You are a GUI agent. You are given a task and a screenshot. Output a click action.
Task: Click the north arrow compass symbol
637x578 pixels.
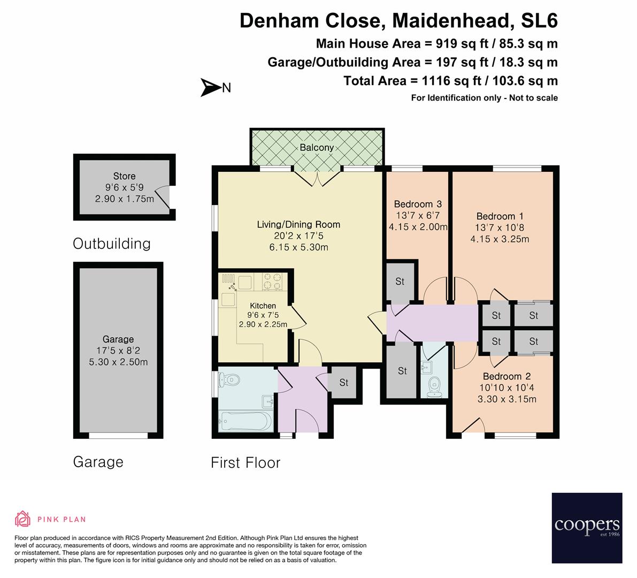click(x=210, y=87)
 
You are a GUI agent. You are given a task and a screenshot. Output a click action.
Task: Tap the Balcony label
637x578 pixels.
click(x=317, y=147)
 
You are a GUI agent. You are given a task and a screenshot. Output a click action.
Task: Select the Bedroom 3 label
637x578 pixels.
click(x=417, y=204)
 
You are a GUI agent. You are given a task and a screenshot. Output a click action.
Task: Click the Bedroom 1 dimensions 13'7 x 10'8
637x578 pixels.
click(x=500, y=227)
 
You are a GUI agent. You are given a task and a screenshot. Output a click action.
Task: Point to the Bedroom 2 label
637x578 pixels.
click(x=506, y=376)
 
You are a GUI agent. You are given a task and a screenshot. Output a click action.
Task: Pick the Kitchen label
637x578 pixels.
click(x=263, y=306)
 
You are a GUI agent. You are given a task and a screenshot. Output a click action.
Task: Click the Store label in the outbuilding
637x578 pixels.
click(x=124, y=176)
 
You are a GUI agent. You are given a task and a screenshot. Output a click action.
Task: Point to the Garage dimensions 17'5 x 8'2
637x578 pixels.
click(x=118, y=351)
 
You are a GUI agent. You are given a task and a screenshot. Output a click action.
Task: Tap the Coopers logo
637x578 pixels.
click(x=587, y=528)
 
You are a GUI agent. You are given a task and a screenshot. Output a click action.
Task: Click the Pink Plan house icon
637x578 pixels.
click(x=22, y=519)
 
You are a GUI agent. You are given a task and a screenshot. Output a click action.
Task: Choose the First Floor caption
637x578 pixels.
click(x=245, y=462)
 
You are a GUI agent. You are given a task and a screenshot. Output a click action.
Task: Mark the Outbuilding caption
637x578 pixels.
click(x=112, y=244)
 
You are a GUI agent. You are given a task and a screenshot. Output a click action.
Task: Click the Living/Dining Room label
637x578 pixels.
click(x=298, y=224)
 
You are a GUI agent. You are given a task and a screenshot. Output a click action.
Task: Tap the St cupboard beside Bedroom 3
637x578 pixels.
click(x=400, y=282)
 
